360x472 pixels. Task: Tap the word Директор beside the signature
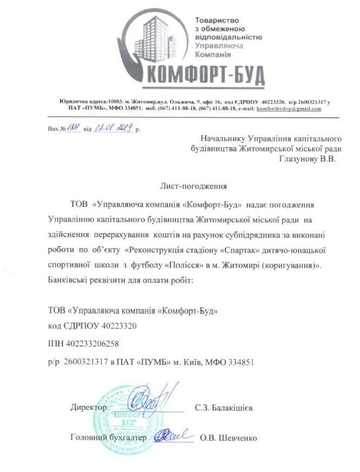click(x=88, y=407)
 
